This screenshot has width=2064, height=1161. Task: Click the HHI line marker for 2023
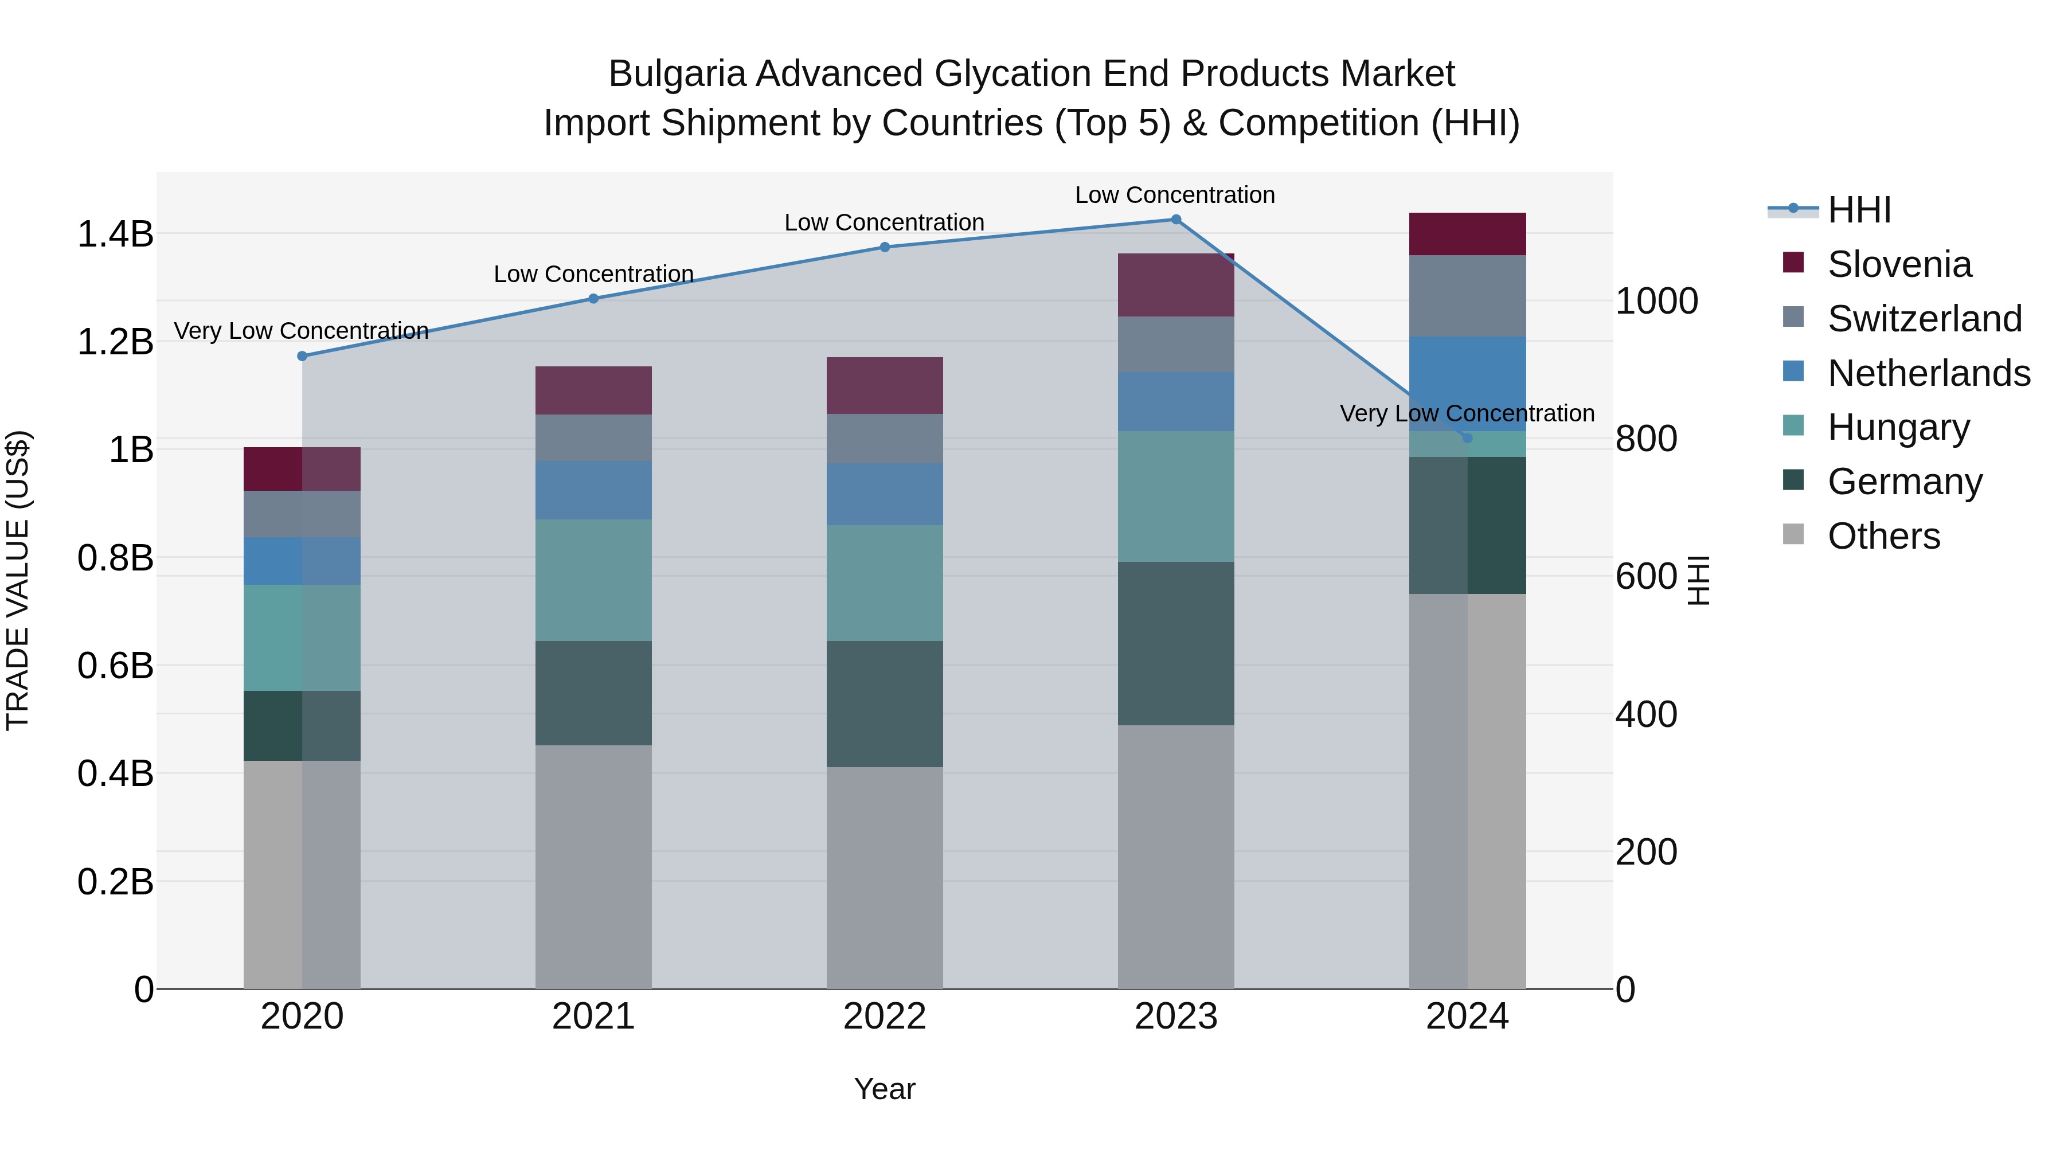point(1175,220)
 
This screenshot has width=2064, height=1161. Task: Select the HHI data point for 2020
point(302,355)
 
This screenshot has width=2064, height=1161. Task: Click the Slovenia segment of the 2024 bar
point(1467,234)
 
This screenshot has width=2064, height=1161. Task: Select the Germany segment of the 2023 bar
point(1175,643)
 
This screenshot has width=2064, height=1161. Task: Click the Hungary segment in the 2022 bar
point(885,583)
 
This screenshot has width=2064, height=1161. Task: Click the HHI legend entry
point(1859,210)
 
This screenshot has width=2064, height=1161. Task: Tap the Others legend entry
point(1883,536)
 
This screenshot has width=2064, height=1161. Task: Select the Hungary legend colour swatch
point(1793,425)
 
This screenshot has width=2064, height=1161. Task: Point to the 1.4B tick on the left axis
point(115,234)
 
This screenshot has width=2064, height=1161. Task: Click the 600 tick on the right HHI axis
point(1645,576)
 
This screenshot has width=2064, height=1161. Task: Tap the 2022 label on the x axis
point(885,1017)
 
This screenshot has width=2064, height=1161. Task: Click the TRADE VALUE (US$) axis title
point(18,580)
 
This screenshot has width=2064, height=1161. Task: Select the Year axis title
point(885,1089)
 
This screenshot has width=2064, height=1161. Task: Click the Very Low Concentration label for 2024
point(1467,413)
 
